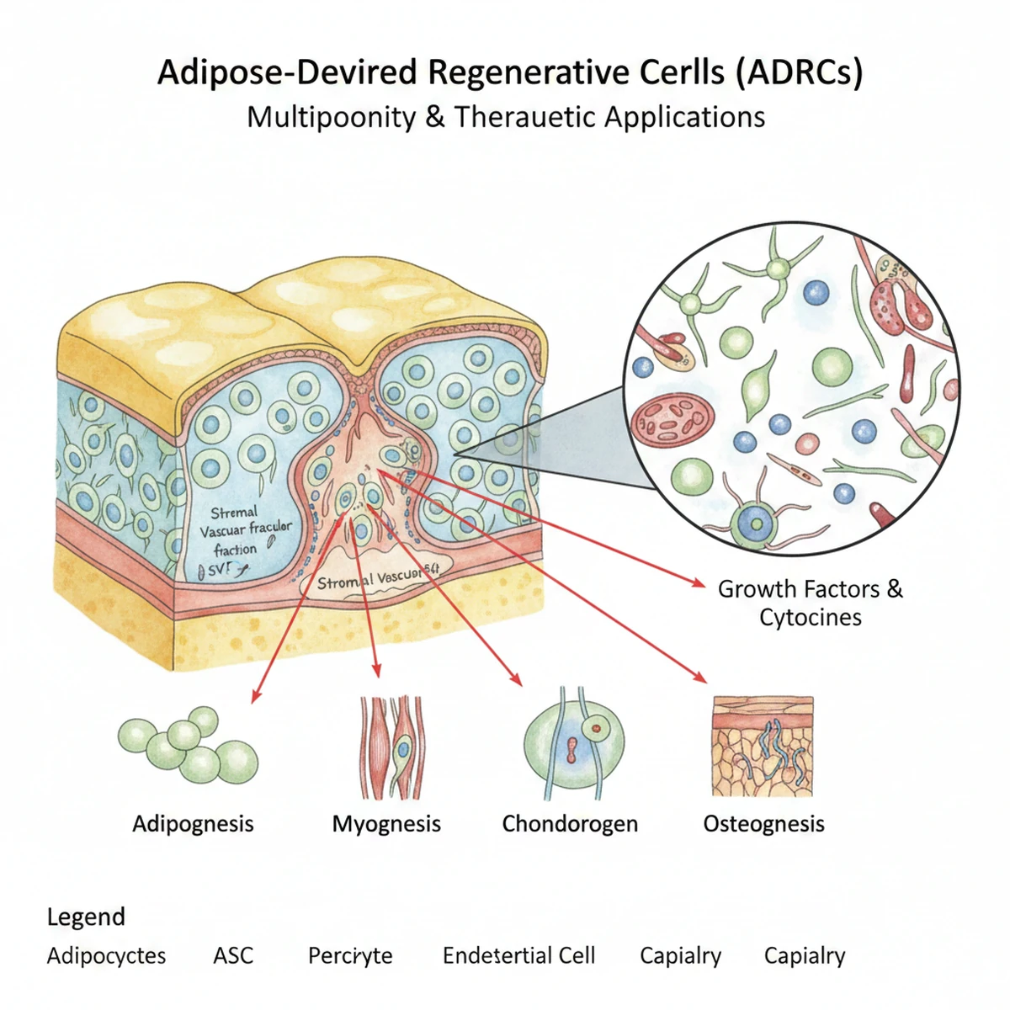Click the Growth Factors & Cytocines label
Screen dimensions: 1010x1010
pyautogui.click(x=810, y=603)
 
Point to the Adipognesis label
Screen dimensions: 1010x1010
pyautogui.click(x=193, y=823)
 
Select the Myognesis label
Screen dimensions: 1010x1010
pyautogui.click(x=386, y=823)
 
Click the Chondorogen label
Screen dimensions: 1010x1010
pyautogui.click(x=570, y=823)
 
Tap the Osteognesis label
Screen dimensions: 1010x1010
pyautogui.click(x=763, y=823)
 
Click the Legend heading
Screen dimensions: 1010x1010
pyautogui.click(x=86, y=917)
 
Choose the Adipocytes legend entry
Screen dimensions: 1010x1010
pyautogui.click(x=106, y=956)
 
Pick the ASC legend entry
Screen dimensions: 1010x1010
pyautogui.click(x=233, y=956)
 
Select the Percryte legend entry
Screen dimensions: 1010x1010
pyautogui.click(x=350, y=956)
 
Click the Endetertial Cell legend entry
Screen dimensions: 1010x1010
pyautogui.click(x=518, y=956)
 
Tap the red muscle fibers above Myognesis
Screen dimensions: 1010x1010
pyautogui.click(x=391, y=747)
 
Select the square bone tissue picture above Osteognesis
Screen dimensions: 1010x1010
pyautogui.click(x=763, y=746)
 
